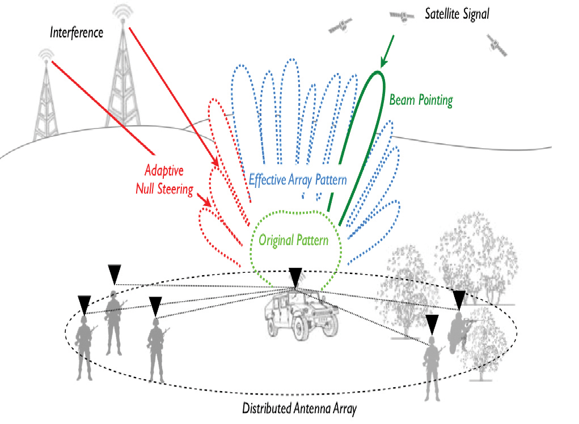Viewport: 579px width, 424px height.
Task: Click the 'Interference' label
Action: tap(77, 32)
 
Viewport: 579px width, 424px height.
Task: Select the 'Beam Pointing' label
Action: tap(421, 101)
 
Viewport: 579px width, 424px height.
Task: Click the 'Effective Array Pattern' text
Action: tap(298, 181)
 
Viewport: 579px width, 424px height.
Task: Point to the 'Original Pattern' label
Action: tap(293, 240)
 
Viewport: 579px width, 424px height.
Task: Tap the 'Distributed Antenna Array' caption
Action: tap(299, 409)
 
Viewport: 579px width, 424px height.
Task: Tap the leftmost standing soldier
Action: tap(84, 348)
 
